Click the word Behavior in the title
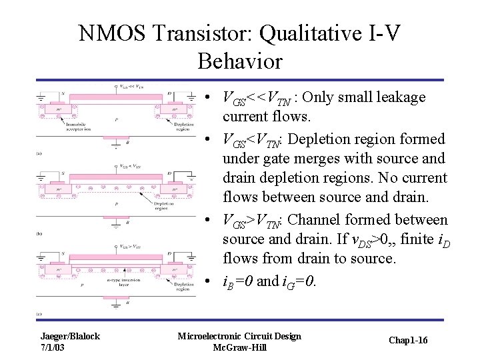[240, 62]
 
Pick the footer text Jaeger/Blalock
[70, 336]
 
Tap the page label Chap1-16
[409, 341]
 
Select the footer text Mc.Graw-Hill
[239, 347]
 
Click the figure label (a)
[39, 153]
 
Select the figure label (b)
[39, 234]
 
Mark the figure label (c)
[39, 313]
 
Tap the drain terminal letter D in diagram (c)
[169, 253]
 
